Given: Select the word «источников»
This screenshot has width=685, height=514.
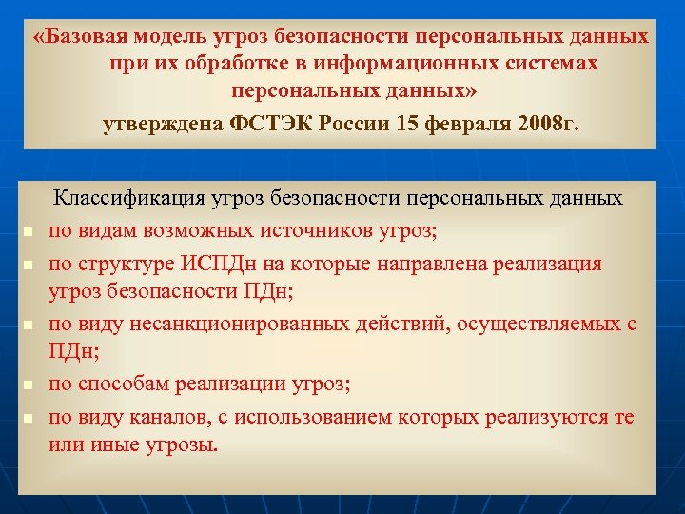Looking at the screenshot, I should (302, 230).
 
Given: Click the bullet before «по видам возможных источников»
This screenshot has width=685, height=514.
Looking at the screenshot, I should (29, 232).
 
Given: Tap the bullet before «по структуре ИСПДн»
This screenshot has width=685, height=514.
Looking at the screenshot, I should (29, 264).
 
